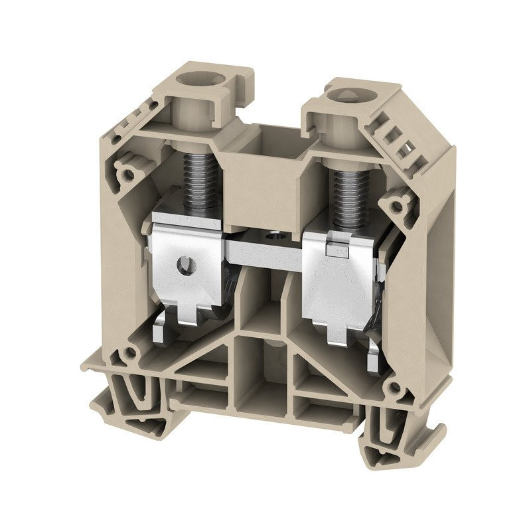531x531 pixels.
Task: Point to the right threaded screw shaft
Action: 348,192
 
